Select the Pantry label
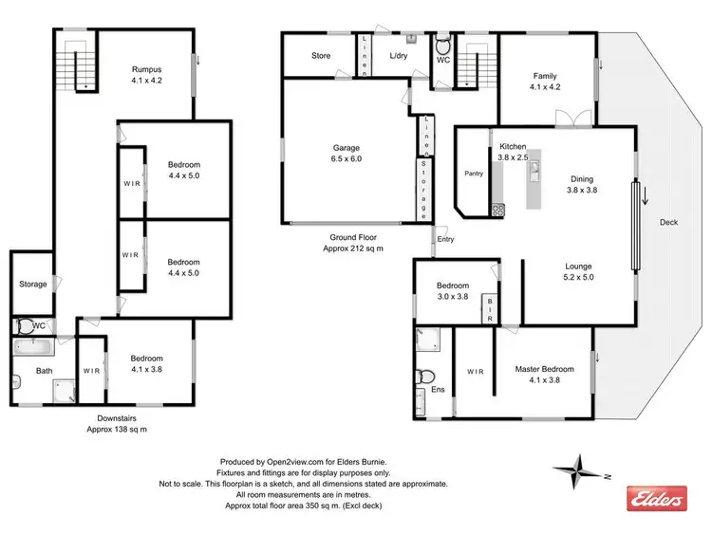pyautogui.click(x=474, y=174)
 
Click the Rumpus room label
pyautogui.click(x=147, y=69)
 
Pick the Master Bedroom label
pyautogui.click(x=544, y=369)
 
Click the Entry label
pyautogui.click(x=445, y=239)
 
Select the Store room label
pyautogui.click(x=321, y=56)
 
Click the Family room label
pyautogui.click(x=545, y=76)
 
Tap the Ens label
pyautogui.click(x=438, y=389)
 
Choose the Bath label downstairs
pyautogui.click(x=45, y=371)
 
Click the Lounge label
pyautogui.click(x=579, y=267)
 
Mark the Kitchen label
pyautogui.click(x=513, y=147)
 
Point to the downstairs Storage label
pyautogui.click(x=33, y=284)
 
